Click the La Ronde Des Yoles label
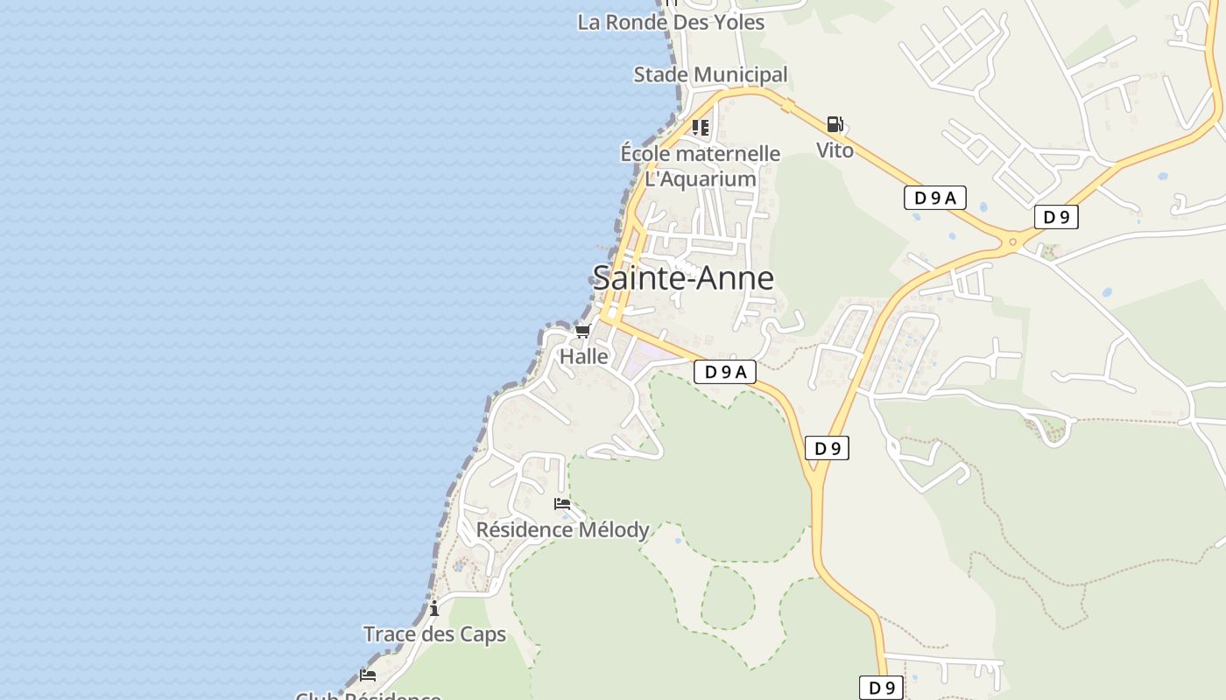[671, 23]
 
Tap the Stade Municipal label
[710, 74]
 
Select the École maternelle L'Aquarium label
[700, 166]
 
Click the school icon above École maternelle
[701, 128]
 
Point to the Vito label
[835, 150]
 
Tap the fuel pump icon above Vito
[835, 124]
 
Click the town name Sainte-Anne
[683, 278]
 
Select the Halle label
[584, 356]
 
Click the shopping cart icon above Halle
[583, 331]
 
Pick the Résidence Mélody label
[562, 529]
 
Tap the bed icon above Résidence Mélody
[562, 504]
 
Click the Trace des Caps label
[434, 633]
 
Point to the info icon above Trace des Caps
[434, 608]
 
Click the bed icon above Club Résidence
[368, 675]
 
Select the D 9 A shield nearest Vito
[934, 198]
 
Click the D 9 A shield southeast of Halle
[724, 372]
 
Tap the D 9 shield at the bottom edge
[881, 688]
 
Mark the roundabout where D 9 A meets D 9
[1013, 241]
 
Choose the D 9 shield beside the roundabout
[1056, 217]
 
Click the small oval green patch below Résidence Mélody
[727, 598]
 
